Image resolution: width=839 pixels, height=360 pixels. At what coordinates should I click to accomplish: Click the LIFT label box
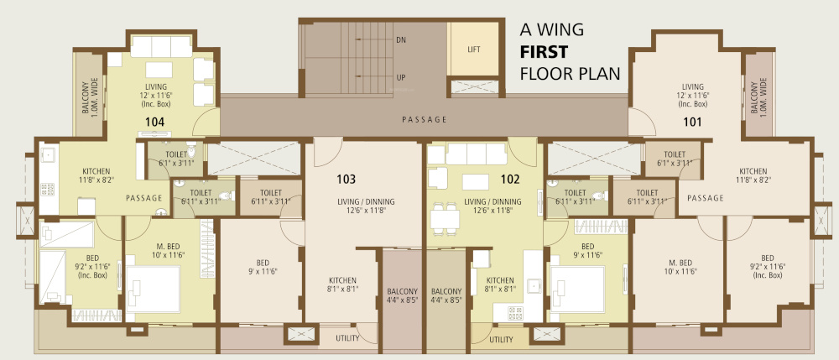474,49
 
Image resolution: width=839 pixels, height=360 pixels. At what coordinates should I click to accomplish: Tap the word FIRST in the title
546,51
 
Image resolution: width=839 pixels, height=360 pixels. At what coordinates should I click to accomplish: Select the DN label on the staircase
401,39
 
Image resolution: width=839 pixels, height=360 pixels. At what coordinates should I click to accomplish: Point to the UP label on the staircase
401,78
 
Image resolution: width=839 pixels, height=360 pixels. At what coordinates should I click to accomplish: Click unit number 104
154,123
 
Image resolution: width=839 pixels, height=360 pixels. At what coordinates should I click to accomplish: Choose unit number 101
691,123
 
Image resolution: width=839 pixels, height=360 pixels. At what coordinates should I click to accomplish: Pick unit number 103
347,179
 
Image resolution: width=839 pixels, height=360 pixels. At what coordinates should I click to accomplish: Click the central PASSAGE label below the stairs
424,119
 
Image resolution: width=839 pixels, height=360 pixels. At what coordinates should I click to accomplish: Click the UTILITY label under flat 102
501,340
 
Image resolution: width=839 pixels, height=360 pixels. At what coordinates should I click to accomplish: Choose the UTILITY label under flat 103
348,340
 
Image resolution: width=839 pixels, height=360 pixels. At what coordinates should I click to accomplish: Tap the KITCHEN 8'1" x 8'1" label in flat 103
342,285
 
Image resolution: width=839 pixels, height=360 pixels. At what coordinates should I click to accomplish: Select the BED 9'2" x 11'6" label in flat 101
767,264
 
